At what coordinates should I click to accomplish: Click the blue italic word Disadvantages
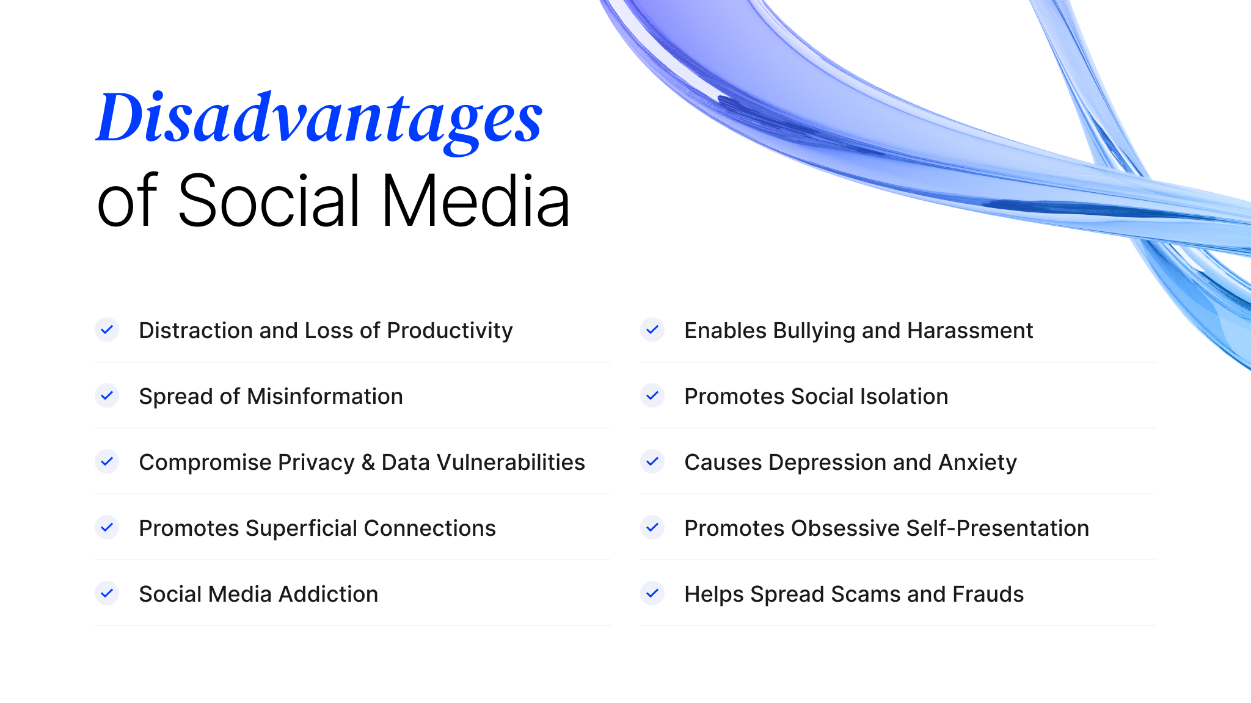pos(319,119)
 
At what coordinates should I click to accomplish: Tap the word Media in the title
pos(475,201)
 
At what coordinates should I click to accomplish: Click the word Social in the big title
pos(269,201)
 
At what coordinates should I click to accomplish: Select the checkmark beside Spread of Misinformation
pos(107,395)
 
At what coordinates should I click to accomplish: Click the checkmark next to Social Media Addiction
pos(107,593)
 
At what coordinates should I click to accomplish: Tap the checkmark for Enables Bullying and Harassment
pos(652,330)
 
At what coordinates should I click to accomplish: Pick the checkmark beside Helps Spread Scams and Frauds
pos(652,593)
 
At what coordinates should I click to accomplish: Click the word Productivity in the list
pos(450,331)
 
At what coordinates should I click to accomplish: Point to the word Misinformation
pos(325,397)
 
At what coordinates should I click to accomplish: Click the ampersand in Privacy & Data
pos(368,463)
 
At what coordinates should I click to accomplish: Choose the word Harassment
pos(970,331)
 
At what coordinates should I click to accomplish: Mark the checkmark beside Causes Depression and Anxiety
pos(652,461)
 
